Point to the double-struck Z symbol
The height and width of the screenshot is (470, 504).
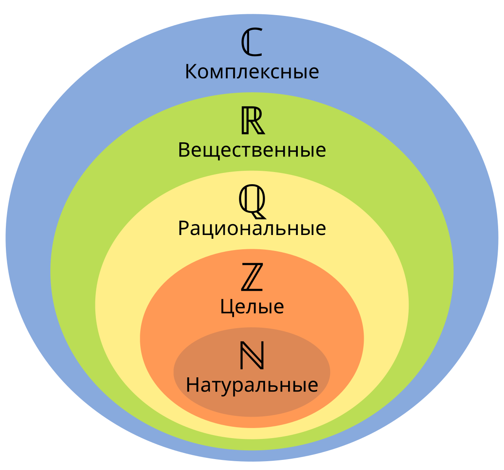coord(252,277)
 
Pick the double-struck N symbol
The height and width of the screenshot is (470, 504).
coord(252,355)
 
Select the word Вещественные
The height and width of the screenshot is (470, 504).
coord(252,150)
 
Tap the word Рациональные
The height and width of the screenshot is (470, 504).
coord(252,229)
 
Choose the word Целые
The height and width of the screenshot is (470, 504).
coord(252,307)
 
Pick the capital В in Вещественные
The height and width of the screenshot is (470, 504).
coord(184,150)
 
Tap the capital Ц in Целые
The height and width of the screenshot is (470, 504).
coord(227,308)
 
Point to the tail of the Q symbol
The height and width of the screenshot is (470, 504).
coord(259,215)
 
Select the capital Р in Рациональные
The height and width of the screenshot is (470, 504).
coord(184,228)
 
